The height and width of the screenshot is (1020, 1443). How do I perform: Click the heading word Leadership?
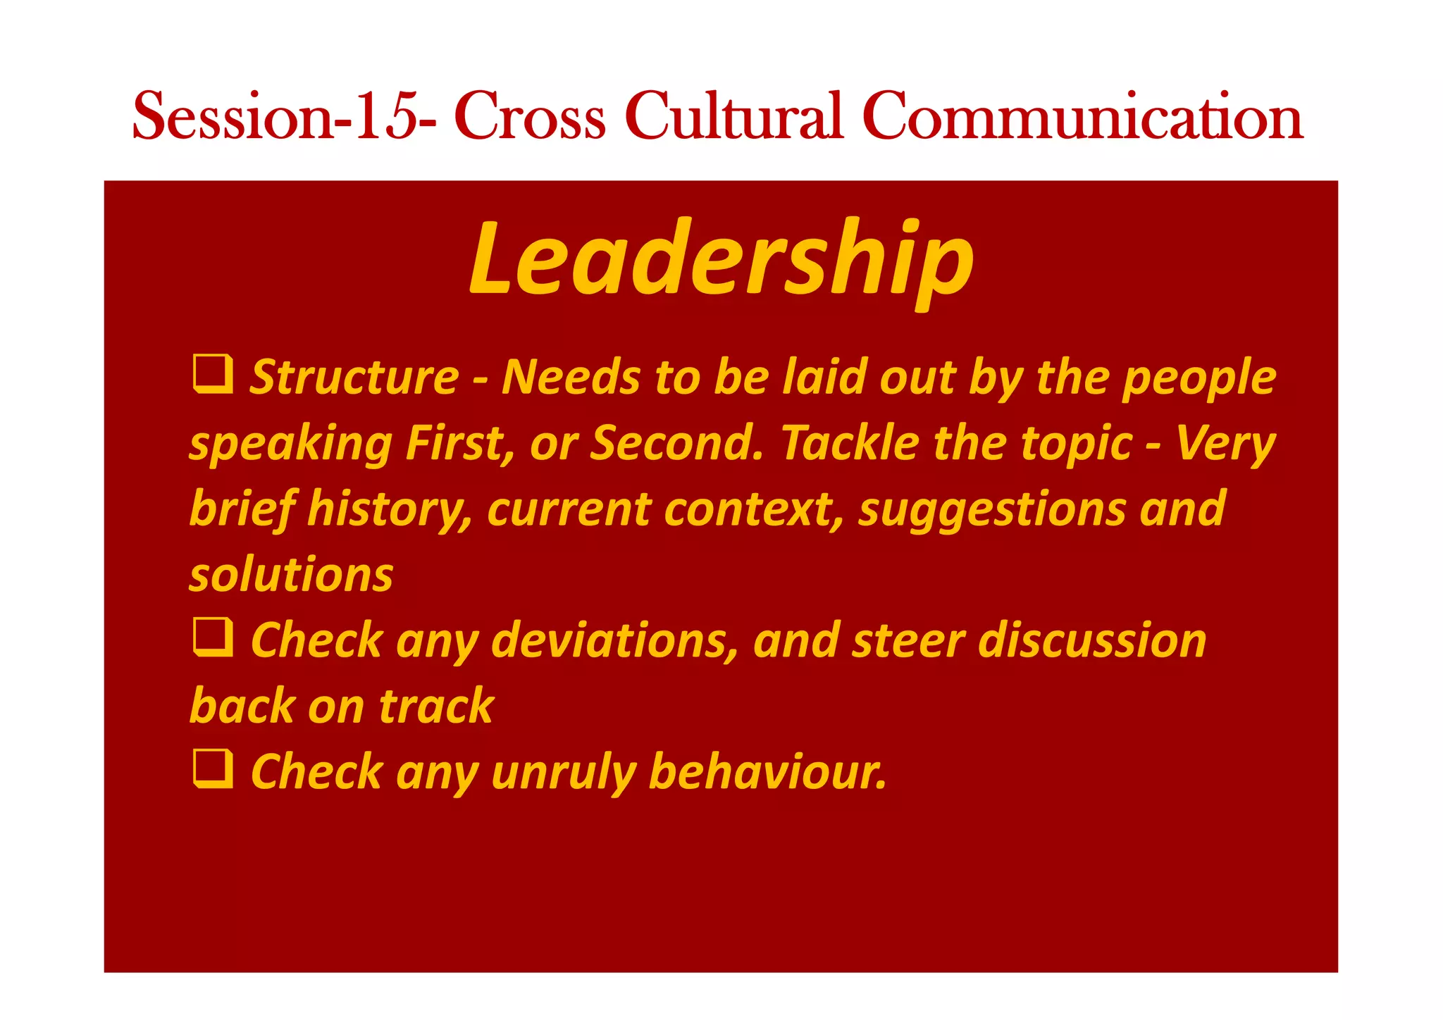click(x=721, y=258)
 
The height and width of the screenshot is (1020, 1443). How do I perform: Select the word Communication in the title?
click(x=1082, y=116)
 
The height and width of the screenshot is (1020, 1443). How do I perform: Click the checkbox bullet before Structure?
click(x=213, y=375)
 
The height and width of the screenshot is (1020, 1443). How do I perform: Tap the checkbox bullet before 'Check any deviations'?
click(x=213, y=637)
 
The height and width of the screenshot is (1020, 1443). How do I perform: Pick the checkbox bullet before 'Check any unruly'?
click(x=213, y=769)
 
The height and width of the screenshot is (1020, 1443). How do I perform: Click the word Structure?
click(x=354, y=378)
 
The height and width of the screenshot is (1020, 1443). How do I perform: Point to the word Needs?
click(x=571, y=378)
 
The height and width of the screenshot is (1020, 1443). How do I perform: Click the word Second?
click(x=677, y=444)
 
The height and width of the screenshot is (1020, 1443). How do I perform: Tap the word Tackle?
click(x=850, y=444)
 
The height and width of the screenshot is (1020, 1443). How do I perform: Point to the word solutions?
click(x=291, y=575)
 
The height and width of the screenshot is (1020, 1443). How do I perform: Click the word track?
click(x=437, y=707)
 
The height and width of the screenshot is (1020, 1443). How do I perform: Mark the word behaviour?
click(x=767, y=772)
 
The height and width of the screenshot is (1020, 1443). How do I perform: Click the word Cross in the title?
click(x=529, y=116)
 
